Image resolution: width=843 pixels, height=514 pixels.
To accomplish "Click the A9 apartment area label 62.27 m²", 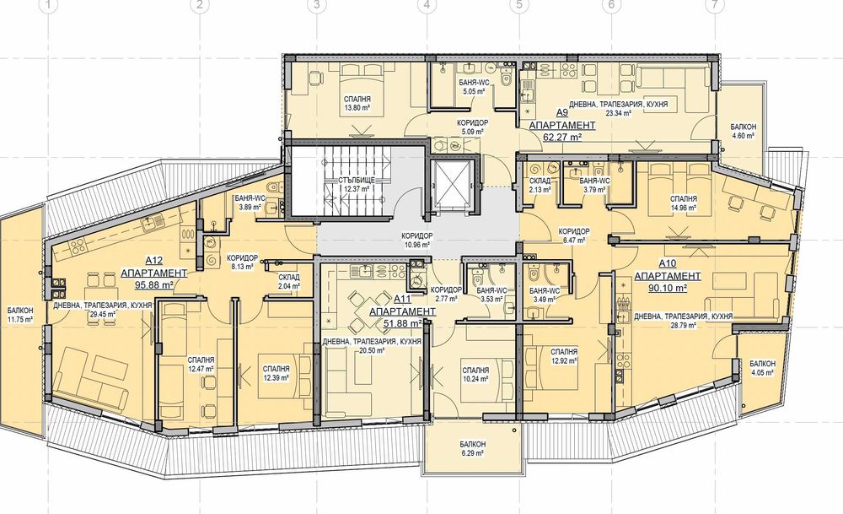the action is click(x=562, y=137).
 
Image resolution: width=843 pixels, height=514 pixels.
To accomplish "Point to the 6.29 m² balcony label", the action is click(x=473, y=449).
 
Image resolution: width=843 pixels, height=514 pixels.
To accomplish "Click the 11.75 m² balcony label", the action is click(x=20, y=315).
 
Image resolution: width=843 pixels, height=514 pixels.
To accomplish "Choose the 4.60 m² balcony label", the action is click(x=743, y=132).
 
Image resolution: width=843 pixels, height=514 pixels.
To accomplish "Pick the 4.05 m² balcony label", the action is click(x=762, y=368).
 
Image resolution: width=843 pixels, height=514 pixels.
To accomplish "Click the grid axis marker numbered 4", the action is click(x=427, y=5).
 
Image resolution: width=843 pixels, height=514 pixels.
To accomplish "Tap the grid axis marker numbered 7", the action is click(x=714, y=5).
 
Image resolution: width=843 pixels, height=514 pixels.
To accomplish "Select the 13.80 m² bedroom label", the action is click(x=357, y=103).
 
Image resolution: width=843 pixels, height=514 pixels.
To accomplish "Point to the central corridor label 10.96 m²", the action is click(x=417, y=240).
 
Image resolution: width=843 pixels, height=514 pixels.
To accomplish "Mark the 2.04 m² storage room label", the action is click(x=288, y=282).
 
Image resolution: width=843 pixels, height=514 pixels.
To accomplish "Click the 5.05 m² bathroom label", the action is click(x=474, y=87).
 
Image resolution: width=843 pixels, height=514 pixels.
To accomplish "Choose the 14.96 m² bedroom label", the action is click(x=684, y=203).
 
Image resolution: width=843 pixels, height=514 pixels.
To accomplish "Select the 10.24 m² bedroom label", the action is click(x=475, y=375).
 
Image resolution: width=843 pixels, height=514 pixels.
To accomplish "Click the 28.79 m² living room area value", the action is click(x=684, y=326).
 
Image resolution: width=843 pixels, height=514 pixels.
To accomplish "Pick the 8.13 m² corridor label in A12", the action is click(x=242, y=262).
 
